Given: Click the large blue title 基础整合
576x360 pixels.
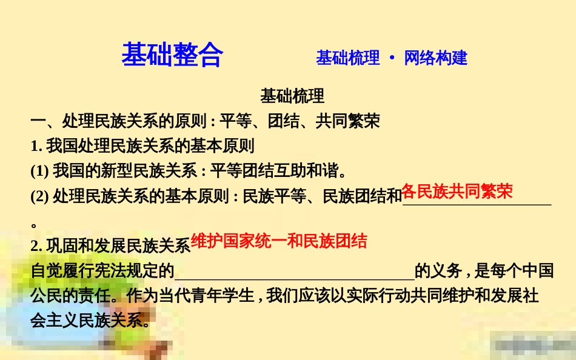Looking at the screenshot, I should (172, 55).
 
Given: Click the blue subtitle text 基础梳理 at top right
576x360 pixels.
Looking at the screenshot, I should (347, 58).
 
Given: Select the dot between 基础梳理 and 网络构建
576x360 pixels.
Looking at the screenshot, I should (392, 58).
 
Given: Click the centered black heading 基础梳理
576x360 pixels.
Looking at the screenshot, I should (292, 96).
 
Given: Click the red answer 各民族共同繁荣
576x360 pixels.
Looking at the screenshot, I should (457, 192).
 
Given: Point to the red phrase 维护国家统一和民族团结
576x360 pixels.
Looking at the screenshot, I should (279, 242).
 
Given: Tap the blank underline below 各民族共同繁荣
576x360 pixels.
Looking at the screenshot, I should (477, 204).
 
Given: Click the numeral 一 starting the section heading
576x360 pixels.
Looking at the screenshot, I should (38, 121).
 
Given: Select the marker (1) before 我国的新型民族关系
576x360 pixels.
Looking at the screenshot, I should (40, 171).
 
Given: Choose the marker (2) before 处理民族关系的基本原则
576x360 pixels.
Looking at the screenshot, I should (40, 196).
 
